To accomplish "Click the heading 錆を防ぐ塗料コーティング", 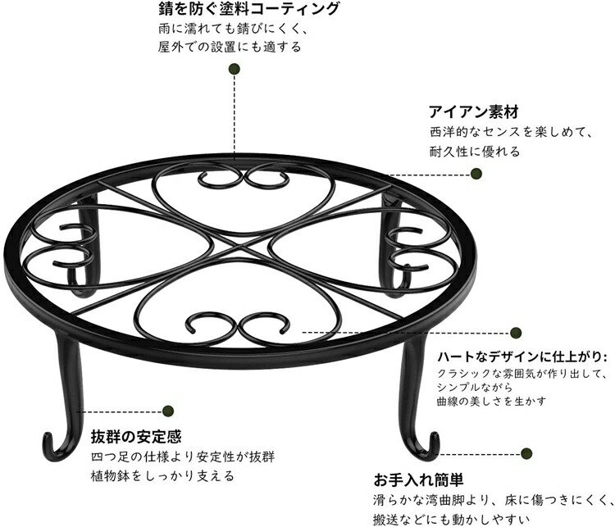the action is (x=248, y=9).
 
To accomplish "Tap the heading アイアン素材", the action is (x=474, y=111).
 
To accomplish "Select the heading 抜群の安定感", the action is (x=136, y=436).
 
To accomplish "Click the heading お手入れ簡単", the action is (x=418, y=479).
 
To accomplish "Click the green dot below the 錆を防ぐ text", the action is (x=235, y=70).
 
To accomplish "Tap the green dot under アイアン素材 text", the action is (x=476, y=173).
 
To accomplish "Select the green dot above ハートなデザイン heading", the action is (x=516, y=333).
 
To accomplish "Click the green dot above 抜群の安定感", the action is (x=168, y=411).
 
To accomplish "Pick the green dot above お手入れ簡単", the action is (x=526, y=454).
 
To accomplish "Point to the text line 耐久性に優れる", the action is (x=475, y=152).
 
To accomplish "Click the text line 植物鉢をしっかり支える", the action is (x=162, y=476).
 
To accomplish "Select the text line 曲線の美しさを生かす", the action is (x=491, y=402).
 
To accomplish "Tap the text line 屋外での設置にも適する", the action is (x=230, y=47).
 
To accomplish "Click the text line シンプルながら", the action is (x=475, y=388).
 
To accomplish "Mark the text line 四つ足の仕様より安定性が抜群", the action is (x=183, y=457).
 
